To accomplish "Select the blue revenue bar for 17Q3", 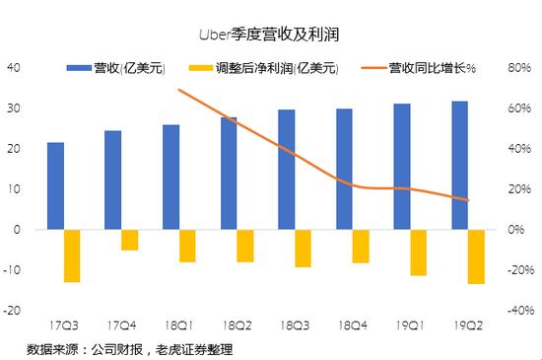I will click(x=56, y=185).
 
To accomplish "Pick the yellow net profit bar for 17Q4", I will click(x=129, y=240).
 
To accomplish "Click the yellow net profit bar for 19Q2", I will click(x=476, y=256).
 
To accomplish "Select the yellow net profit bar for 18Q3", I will click(x=303, y=248).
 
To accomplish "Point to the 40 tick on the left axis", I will click(x=14, y=68).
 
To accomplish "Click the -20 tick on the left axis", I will click(x=14, y=310).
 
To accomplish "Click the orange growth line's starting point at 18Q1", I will click(x=178, y=90).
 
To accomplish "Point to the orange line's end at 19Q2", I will click(x=469, y=200).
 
